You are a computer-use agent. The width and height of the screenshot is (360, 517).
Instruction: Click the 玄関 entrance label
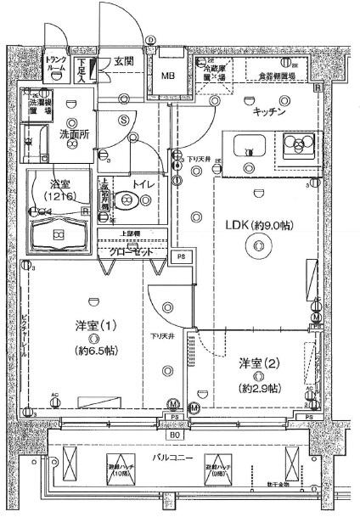click(125, 62)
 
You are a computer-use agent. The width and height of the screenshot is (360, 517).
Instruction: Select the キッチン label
click(267, 111)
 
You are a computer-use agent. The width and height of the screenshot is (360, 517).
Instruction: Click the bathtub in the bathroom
click(59, 234)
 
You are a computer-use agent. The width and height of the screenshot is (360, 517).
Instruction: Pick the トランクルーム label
click(58, 64)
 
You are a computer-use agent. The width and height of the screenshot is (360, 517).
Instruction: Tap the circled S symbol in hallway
click(123, 120)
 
